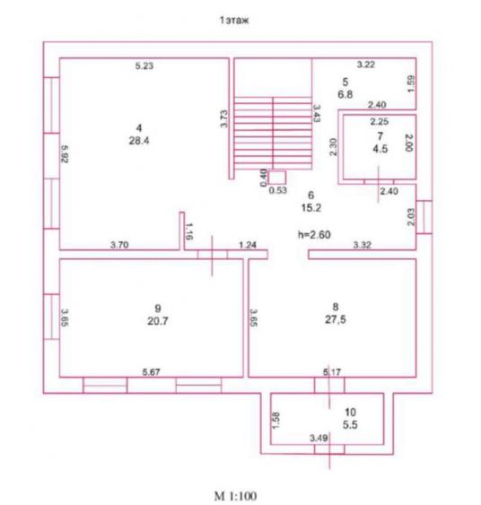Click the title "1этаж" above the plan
(x=234, y=21)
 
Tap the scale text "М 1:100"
(x=235, y=496)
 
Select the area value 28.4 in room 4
(x=139, y=141)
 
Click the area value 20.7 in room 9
(x=158, y=321)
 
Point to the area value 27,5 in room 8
(x=336, y=319)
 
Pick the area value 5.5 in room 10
(x=350, y=425)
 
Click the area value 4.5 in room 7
(x=380, y=149)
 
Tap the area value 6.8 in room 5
(x=345, y=94)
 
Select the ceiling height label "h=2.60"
(x=314, y=234)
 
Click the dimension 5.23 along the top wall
(x=144, y=66)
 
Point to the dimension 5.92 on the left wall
(x=65, y=154)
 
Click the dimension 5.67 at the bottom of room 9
(x=151, y=372)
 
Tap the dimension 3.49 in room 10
(x=319, y=438)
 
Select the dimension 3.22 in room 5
(x=366, y=65)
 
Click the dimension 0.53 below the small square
(x=277, y=190)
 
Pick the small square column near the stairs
(x=277, y=178)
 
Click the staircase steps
(x=273, y=133)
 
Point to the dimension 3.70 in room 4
(x=119, y=245)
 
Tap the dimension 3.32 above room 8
(x=363, y=245)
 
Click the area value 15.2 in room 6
(x=311, y=208)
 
